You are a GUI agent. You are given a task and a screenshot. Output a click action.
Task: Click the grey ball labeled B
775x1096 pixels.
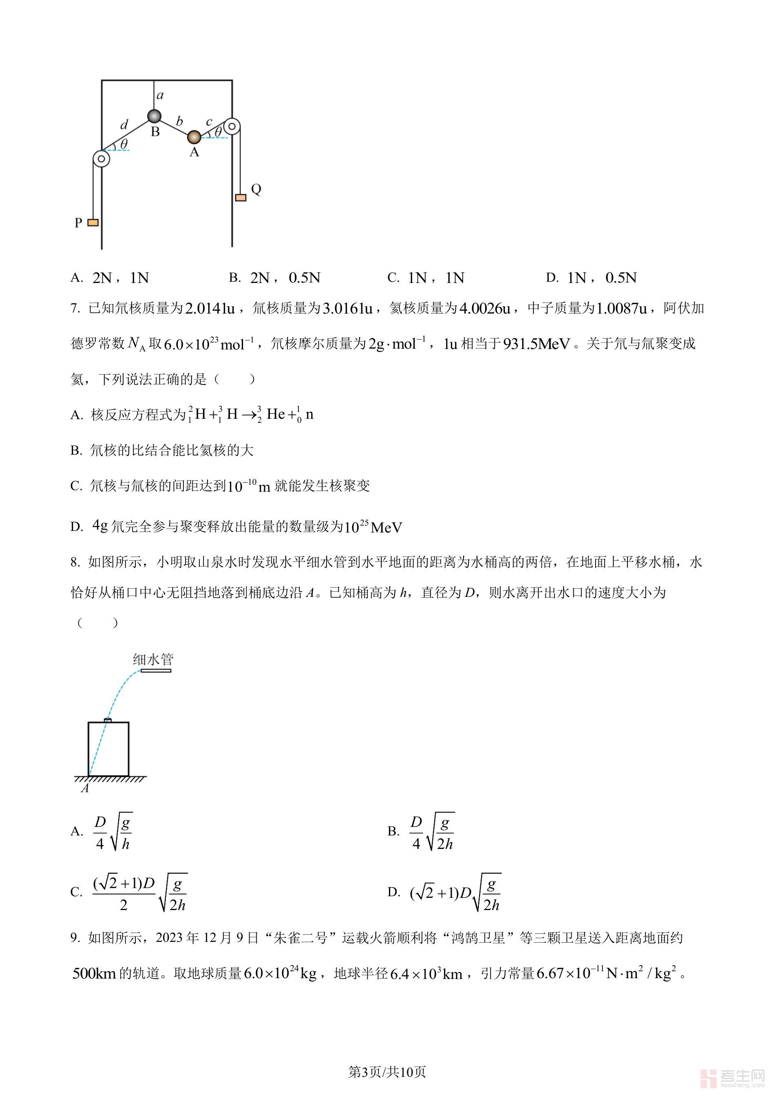(154, 116)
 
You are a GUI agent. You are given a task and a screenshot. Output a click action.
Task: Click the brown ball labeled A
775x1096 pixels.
(194, 137)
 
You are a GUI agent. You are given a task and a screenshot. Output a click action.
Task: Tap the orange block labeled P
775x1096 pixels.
(93, 223)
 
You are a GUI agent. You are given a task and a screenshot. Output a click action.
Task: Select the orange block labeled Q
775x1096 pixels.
(241, 197)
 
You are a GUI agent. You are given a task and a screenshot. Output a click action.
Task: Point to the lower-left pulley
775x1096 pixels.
(101, 159)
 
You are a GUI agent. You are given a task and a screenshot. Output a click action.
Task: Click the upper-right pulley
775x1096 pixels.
(232, 126)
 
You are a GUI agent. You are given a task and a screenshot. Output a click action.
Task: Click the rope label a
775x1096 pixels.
(160, 95)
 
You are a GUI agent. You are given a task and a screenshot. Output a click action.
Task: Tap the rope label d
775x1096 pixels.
(124, 125)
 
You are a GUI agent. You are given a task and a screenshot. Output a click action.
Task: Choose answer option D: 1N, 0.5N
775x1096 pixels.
(592, 278)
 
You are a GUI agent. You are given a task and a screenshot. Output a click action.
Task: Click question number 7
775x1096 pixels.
(75, 309)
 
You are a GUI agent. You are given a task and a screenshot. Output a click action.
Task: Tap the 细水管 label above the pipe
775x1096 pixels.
(153, 660)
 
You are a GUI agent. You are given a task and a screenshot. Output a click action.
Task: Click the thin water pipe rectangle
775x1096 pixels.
(156, 671)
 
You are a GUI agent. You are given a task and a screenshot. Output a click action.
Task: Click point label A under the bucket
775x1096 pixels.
(85, 789)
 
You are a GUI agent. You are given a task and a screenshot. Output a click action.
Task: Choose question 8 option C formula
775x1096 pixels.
(139, 892)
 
